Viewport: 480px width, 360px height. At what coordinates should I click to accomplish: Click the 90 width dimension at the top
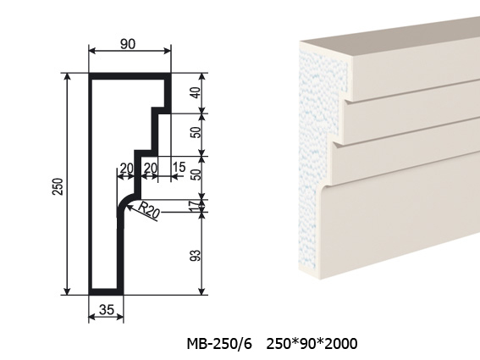click(127, 44)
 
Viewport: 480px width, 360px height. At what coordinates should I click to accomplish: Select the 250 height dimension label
click(58, 186)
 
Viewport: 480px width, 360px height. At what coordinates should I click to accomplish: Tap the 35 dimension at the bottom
click(107, 310)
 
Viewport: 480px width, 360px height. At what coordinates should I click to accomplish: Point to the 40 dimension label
click(196, 92)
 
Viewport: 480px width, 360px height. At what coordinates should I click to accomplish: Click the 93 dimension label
click(196, 256)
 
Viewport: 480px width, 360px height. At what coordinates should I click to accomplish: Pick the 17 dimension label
click(196, 206)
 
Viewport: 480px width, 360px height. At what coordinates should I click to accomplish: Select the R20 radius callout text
click(149, 210)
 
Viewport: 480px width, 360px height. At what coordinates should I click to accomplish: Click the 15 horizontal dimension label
click(179, 167)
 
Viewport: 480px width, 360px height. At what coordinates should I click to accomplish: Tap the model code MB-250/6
click(219, 343)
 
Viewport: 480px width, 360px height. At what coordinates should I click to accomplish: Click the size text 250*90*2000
click(312, 343)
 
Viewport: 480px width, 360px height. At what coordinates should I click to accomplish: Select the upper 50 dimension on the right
click(196, 132)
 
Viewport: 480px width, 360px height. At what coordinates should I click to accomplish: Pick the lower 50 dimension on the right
click(196, 174)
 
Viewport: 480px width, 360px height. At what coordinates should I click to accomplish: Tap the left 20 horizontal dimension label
click(127, 169)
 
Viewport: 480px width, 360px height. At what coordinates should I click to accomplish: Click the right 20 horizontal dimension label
click(151, 169)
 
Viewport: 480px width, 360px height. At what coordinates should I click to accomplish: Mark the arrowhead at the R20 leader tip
click(128, 208)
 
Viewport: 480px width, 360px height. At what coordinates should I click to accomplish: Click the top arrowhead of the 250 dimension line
click(68, 77)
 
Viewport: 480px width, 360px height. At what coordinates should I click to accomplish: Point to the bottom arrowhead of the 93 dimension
click(201, 291)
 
